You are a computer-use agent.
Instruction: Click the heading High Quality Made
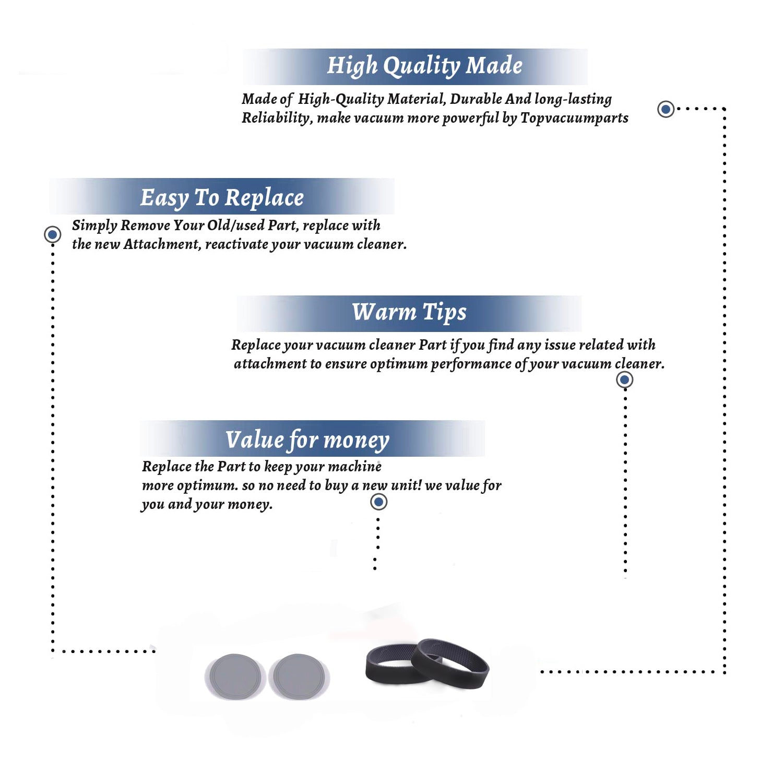424,66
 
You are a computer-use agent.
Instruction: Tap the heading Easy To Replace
222,198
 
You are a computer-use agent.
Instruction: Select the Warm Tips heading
409,312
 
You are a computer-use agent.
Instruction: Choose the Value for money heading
307,440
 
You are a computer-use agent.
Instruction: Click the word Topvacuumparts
574,118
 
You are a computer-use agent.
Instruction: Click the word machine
354,467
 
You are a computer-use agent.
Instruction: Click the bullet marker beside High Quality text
666,109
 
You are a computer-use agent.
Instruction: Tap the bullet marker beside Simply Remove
52,234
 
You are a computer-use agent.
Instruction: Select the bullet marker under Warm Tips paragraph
624,379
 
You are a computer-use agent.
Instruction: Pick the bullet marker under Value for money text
378,502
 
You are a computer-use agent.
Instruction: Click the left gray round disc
235,677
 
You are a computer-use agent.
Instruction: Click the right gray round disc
299,677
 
